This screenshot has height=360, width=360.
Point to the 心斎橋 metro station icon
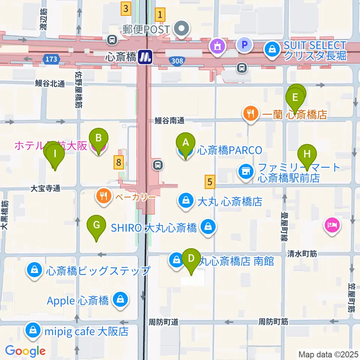[144, 57]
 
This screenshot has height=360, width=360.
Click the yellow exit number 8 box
[118, 162]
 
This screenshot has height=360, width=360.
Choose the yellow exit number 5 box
[210, 182]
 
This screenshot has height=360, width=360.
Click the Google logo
[25, 351]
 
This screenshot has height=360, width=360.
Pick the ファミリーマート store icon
[246, 171]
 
